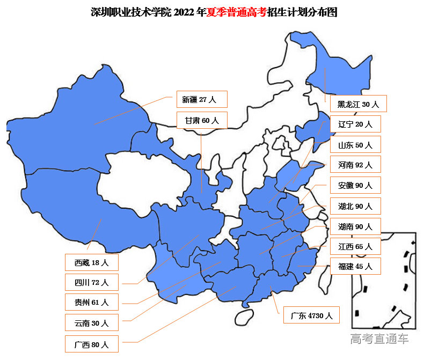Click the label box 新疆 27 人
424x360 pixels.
click(202, 99)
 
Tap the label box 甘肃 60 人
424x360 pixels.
click(202, 120)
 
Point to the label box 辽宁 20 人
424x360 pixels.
click(355, 124)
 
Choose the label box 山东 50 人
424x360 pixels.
click(355, 145)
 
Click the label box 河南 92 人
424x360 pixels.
click(355, 165)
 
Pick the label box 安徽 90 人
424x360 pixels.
click(355, 186)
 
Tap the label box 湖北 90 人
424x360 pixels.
click(355, 206)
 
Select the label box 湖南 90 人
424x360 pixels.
click(355, 226)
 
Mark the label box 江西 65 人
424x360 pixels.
click(355, 247)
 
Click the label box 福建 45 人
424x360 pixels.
click(355, 266)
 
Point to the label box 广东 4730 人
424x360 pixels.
click(312, 315)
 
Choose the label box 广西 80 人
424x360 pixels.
click(91, 344)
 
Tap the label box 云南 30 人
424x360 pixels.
click(91, 323)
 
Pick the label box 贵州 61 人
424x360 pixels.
click(91, 302)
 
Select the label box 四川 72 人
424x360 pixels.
click(91, 282)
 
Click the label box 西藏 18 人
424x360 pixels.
click(91, 262)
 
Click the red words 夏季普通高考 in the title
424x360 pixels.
click(237, 12)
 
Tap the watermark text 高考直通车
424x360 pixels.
click(379, 338)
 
